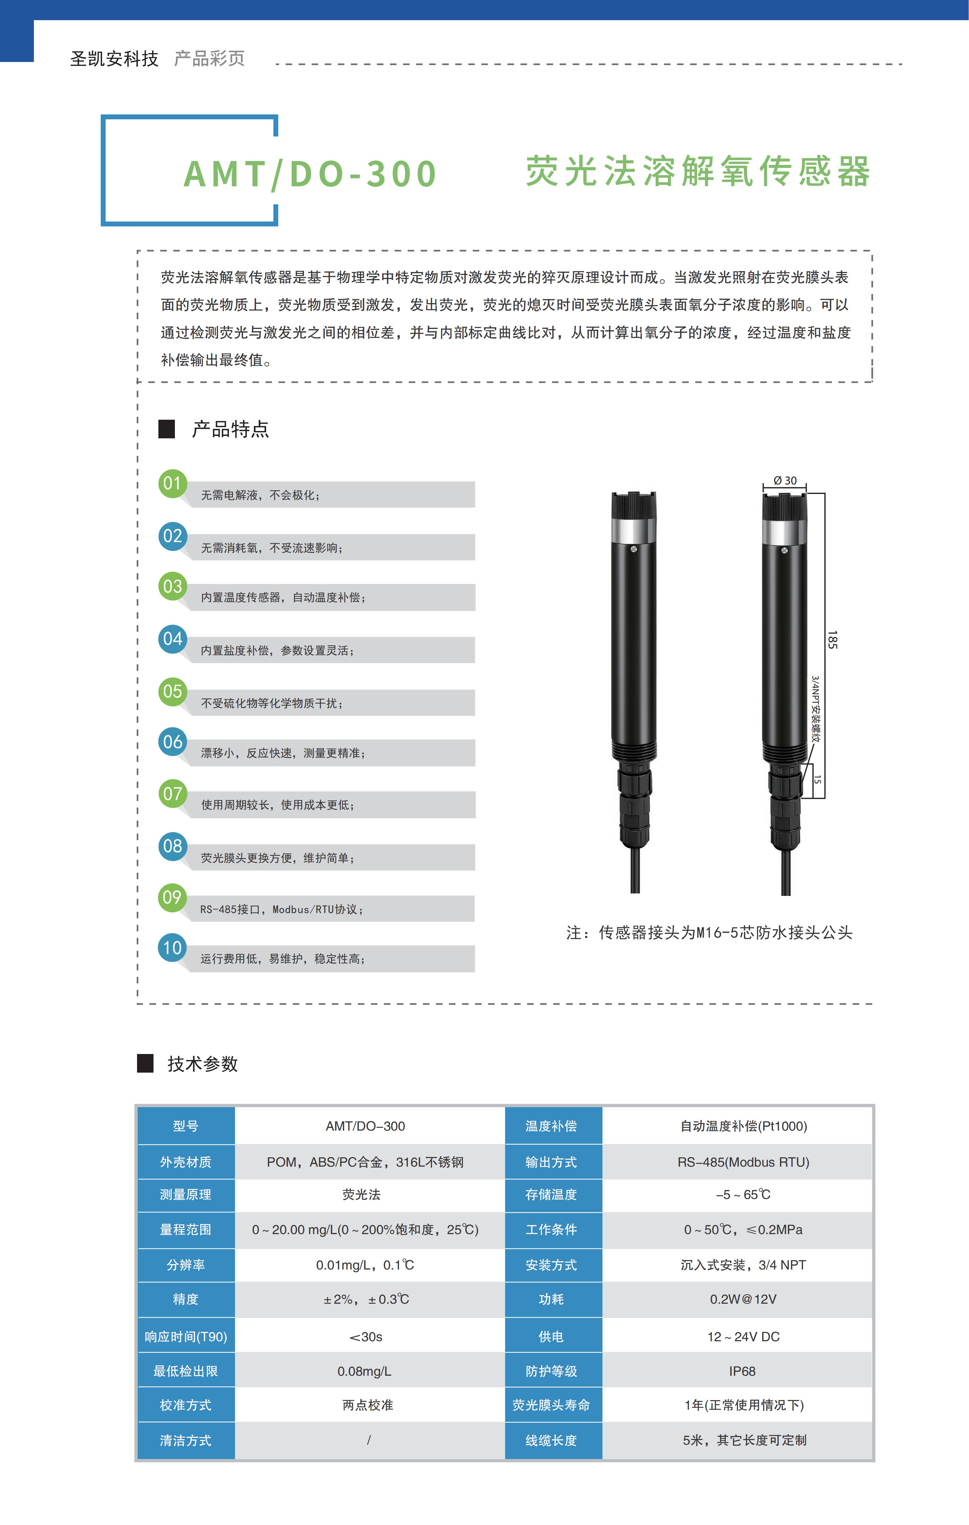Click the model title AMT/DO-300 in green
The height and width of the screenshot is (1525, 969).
click(x=310, y=174)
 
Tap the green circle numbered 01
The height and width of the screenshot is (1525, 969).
click(x=172, y=484)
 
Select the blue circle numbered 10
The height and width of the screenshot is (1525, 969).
click(x=172, y=948)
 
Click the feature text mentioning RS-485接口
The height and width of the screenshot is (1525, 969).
click(x=282, y=909)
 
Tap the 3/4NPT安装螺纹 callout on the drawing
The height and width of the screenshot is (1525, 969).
click(x=816, y=709)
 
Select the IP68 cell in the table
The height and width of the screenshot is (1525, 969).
click(x=742, y=1371)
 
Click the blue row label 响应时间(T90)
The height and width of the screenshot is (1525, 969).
click(x=186, y=1336)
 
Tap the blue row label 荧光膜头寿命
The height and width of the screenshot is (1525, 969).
click(x=551, y=1405)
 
